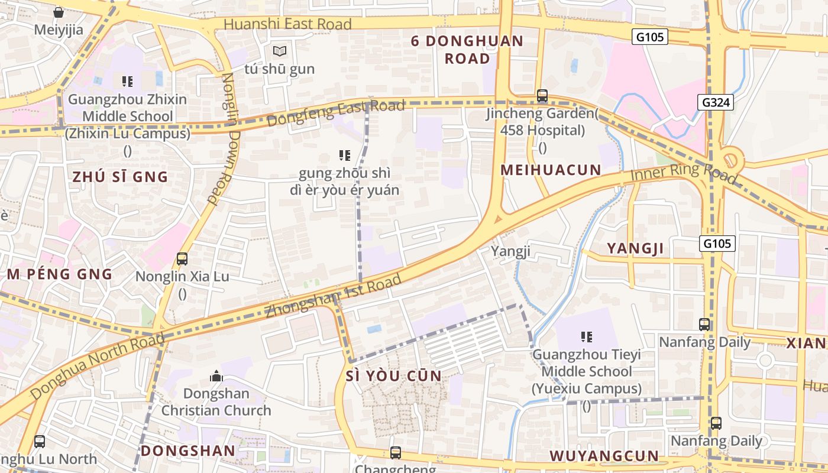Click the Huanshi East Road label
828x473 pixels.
[288, 24]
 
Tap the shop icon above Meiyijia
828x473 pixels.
[59, 12]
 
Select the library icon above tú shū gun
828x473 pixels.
[279, 51]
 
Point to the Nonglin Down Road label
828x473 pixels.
[223, 139]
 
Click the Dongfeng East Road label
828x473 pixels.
[335, 113]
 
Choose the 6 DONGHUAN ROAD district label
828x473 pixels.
[467, 50]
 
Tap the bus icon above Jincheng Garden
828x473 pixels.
[542, 95]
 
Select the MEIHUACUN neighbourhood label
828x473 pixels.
[551, 170]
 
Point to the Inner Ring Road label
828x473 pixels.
[683, 173]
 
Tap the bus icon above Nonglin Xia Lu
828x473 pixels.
[182, 259]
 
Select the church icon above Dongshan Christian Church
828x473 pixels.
[216, 376]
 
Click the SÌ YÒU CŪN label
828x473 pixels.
[393, 376]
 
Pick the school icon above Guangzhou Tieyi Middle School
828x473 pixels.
[586, 337]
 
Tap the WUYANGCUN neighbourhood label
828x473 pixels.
[604, 456]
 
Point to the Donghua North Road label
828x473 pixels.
[97, 367]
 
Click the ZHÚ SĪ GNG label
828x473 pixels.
[120, 176]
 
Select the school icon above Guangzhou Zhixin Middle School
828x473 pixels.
[127, 81]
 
